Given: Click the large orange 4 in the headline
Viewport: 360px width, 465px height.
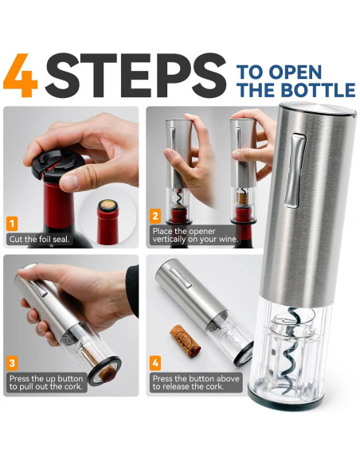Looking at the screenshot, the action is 20,76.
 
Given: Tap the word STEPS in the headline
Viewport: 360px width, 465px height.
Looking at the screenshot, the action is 135,76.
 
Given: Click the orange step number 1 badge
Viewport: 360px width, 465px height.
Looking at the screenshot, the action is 12,224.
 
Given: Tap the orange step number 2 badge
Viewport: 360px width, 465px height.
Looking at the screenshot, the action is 155,217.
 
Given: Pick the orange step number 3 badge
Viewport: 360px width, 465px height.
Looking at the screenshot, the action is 12,363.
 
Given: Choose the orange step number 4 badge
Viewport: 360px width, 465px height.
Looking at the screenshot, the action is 155,363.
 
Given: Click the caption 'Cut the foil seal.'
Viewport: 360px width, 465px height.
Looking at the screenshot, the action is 39,240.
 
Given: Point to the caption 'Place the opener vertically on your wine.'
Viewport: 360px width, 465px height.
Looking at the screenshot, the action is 195,235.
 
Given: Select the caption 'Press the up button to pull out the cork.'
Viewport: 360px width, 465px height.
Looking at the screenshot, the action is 46,382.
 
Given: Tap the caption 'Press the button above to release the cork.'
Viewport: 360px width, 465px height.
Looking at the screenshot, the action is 196,382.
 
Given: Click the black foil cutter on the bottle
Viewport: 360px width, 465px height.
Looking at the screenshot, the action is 58,165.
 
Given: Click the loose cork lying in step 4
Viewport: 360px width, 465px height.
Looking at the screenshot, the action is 186,341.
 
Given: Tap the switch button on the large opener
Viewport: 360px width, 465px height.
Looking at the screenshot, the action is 295,170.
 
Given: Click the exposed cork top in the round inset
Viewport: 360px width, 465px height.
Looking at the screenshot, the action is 108,205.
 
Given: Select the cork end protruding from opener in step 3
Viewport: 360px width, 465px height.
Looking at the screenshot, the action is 107,374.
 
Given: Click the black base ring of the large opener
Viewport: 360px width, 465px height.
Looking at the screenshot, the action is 285,401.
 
